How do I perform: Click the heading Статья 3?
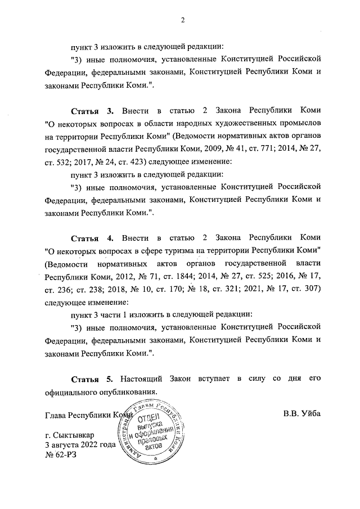click(92, 111)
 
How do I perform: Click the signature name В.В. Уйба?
click(301, 414)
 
